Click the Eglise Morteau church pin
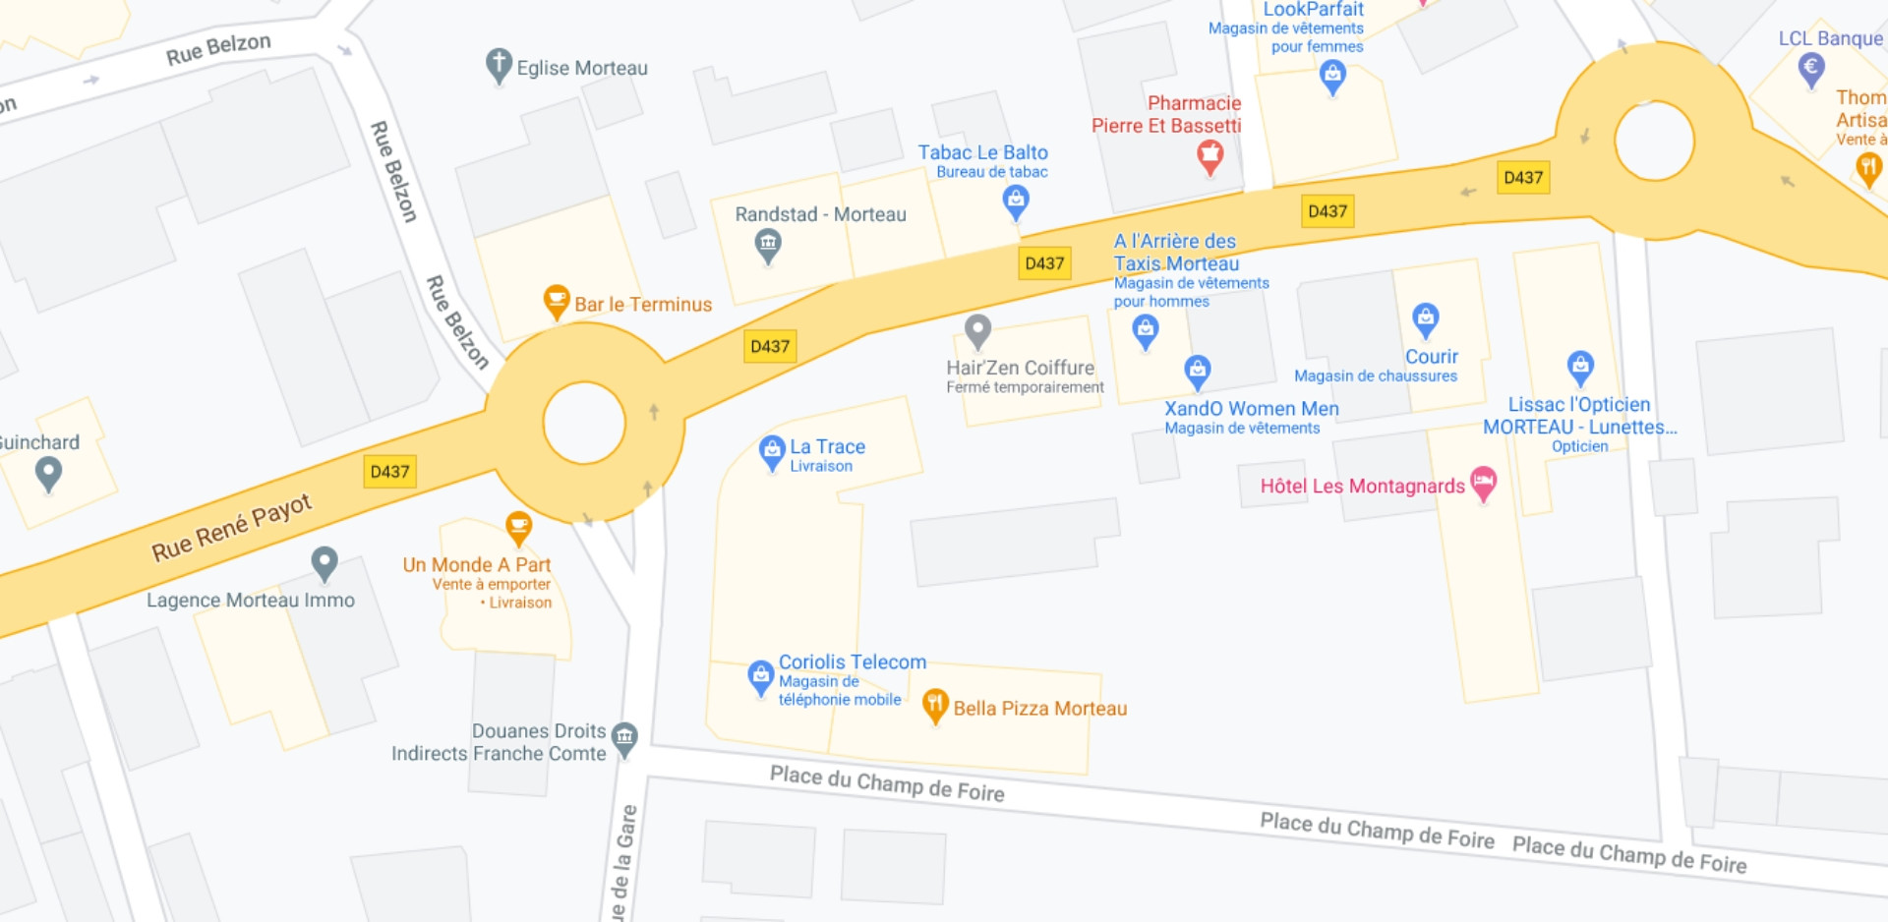pyautogui.click(x=499, y=65)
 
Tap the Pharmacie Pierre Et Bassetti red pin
pyautogui.click(x=1209, y=155)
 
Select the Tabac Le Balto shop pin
pyautogui.click(x=1015, y=201)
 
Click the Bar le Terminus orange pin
pyautogui.click(x=557, y=300)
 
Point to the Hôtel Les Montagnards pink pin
pyautogui.click(x=1483, y=483)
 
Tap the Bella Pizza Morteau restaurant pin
pyautogui.click(x=935, y=704)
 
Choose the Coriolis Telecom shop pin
pyautogui.click(x=760, y=676)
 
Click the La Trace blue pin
pyautogui.click(x=772, y=451)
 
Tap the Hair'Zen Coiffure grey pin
pyautogui.click(x=977, y=330)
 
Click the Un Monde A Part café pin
pyautogui.click(x=518, y=526)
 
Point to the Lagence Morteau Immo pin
pyautogui.click(x=324, y=562)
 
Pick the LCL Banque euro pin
pyautogui.click(x=1811, y=68)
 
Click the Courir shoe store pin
pyautogui.click(x=1425, y=317)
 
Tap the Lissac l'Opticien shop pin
pyautogui.click(x=1579, y=367)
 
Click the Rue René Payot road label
pyautogui.click(x=232, y=528)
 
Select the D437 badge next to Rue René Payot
pyautogui.click(x=390, y=472)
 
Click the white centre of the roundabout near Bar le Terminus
pyautogui.click(x=584, y=423)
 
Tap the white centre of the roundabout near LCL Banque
pyautogui.click(x=1654, y=141)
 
